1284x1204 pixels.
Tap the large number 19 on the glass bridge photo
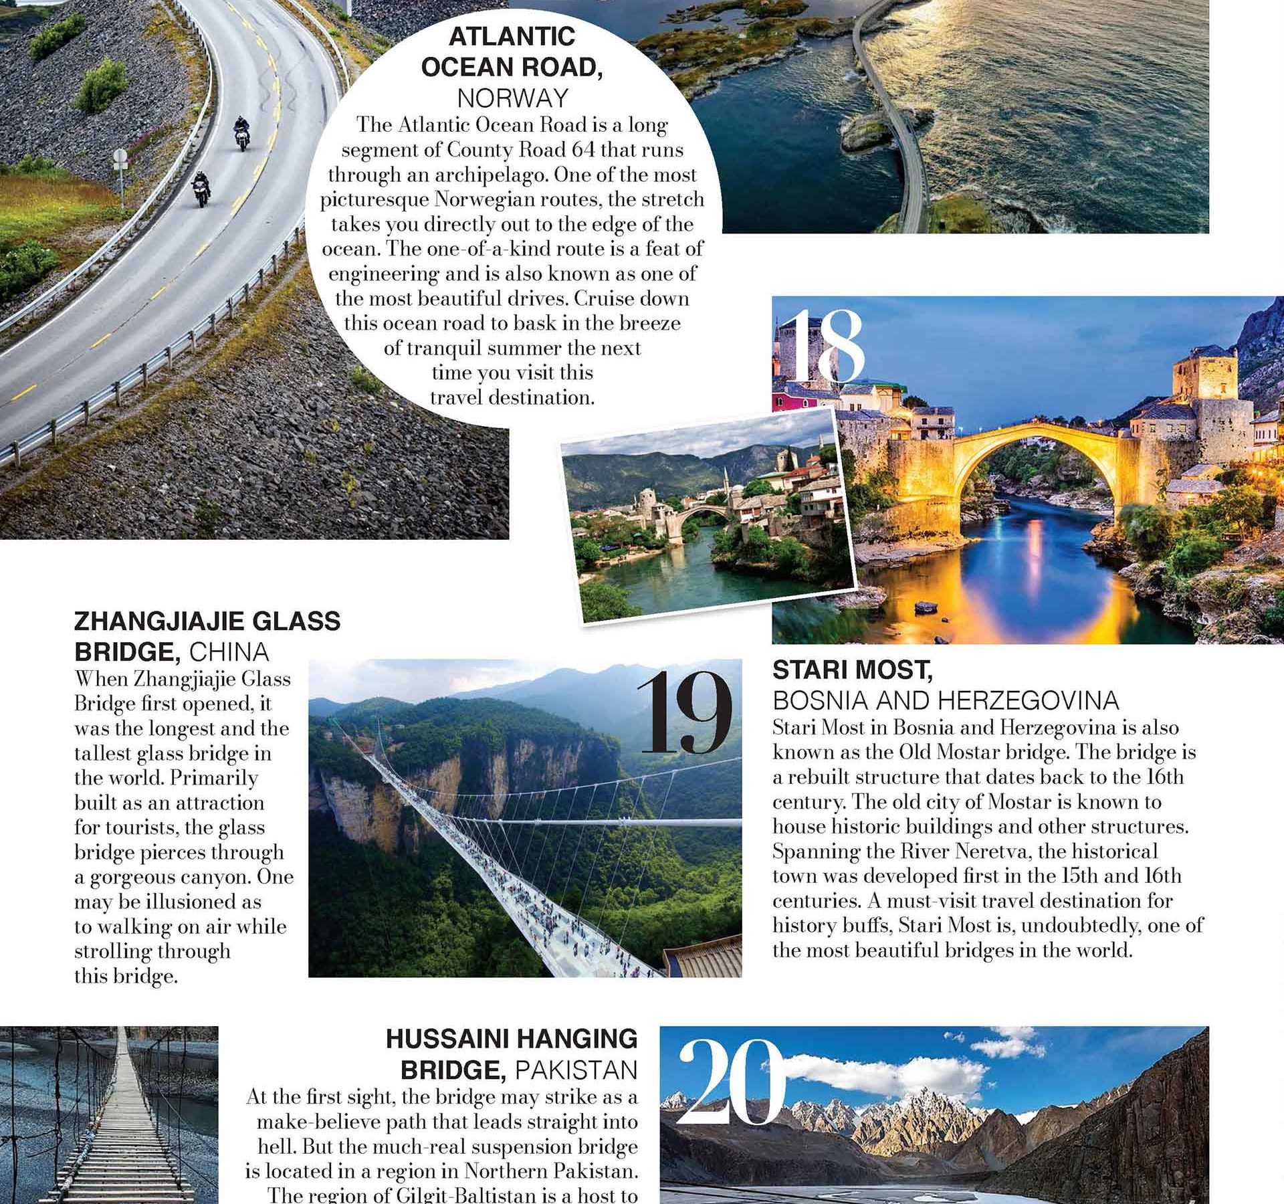click(687, 714)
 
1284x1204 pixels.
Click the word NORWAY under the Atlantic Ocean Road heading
click(513, 98)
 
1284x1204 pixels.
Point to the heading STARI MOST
click(852, 669)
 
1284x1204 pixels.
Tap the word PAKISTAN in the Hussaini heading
click(576, 1070)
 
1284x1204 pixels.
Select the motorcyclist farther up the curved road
click(241, 133)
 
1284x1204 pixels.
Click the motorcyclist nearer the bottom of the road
click(201, 189)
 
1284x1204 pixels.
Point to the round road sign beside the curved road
click(120, 158)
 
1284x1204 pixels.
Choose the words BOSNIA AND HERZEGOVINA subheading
click(946, 700)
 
